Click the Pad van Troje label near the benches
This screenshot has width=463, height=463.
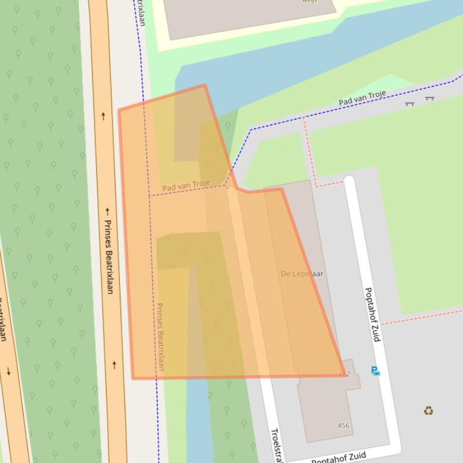coord(361,98)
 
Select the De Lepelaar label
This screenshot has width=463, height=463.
coord(302,274)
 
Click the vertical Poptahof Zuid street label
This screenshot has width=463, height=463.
coord(373,314)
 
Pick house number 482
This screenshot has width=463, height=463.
coord(344,374)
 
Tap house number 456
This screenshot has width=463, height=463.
coord(343,426)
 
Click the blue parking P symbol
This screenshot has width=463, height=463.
coord(376,372)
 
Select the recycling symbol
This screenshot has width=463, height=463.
coord(428,411)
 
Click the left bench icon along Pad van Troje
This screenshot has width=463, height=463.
coord(409,103)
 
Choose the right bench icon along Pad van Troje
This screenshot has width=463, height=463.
coord(429,98)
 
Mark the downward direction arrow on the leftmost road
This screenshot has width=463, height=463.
coord(8,370)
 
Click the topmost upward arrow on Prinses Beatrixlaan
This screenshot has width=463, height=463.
coord(103,116)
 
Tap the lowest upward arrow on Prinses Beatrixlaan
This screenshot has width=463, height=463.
coord(114,364)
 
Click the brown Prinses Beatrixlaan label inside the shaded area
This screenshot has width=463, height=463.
coord(160,337)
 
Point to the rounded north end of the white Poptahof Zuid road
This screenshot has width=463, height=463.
coord(349,180)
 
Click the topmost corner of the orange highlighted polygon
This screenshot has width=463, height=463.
coord(205,85)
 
